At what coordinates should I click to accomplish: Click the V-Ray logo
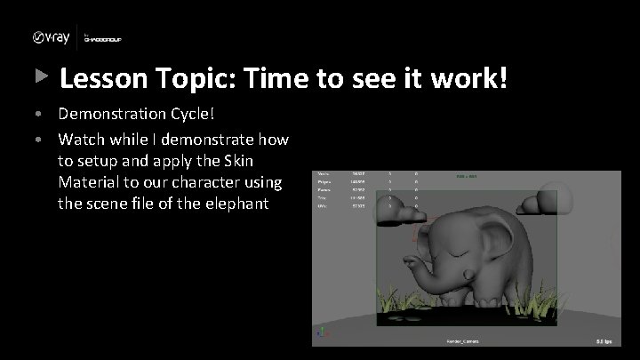click(50, 36)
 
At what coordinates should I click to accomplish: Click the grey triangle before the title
click(40, 78)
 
